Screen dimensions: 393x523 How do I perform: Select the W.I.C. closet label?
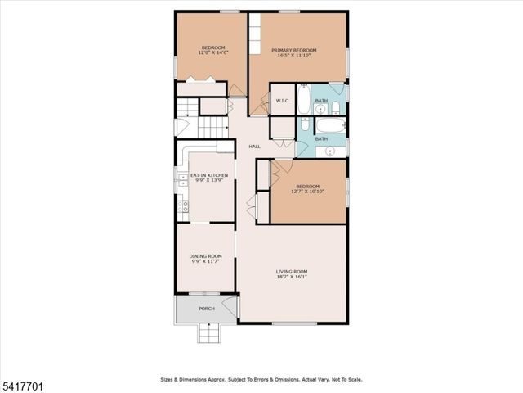pos(282,101)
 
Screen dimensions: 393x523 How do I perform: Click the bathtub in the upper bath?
pos(302,100)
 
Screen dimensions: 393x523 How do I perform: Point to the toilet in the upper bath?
pos(336,107)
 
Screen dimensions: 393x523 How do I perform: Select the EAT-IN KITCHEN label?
pos(208,175)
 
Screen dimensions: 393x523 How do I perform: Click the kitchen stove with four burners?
pos(185,206)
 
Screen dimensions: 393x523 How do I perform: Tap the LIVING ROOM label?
pos(291,272)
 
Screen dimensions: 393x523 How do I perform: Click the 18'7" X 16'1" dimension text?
pos(291,278)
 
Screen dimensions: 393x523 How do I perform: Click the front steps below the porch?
pos(208,332)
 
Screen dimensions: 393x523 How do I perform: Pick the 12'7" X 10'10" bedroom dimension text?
pos(310,192)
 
